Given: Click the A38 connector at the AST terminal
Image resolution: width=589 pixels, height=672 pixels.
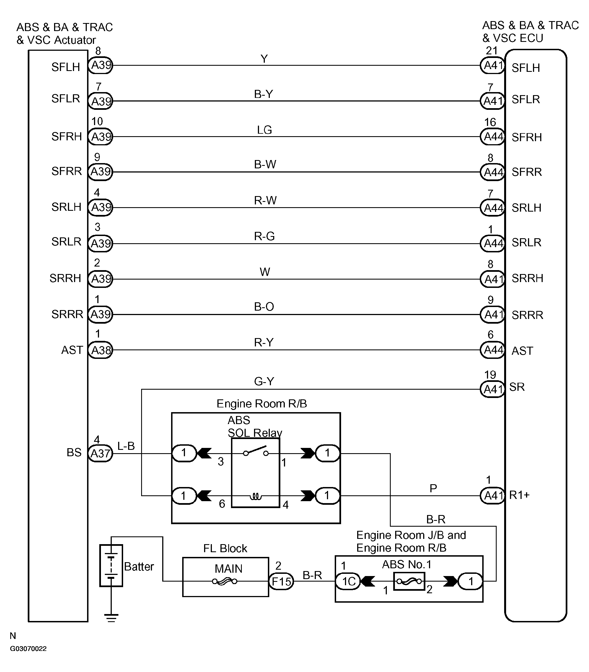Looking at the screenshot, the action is pos(101,350).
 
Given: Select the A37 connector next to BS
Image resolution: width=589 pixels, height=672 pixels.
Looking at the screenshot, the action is pos(101,453).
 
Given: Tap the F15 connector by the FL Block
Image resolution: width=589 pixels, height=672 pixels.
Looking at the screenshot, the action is pos(281,581).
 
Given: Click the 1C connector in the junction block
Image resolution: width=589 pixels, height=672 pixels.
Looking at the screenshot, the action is pos(348,581).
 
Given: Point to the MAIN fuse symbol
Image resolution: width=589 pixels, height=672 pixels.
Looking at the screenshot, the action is pos(225,582).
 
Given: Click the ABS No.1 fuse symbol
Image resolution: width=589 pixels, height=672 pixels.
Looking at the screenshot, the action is pos(409,581).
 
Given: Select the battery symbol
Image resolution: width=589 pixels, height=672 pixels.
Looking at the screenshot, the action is pos(111,566).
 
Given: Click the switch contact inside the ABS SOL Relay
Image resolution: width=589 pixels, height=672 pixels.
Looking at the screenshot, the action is pos(256,451).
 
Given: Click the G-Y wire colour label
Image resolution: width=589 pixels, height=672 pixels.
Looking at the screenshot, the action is pos(264,381).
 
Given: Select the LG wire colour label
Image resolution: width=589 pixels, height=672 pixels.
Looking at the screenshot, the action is pos(265,130).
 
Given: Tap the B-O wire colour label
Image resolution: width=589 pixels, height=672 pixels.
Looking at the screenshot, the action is pos(264,306).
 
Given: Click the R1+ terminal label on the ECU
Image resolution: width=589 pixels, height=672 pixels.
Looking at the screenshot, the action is pos(519,495).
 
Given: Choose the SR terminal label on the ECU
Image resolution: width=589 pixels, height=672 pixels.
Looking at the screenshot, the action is pos(517,387).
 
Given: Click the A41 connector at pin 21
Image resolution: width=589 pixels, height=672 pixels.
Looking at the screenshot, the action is pos(492,65).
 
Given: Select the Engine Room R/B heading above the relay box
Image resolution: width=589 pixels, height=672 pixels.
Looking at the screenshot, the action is pos(262,404).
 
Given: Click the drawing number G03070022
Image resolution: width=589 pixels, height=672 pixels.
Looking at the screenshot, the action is pos(28,649).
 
